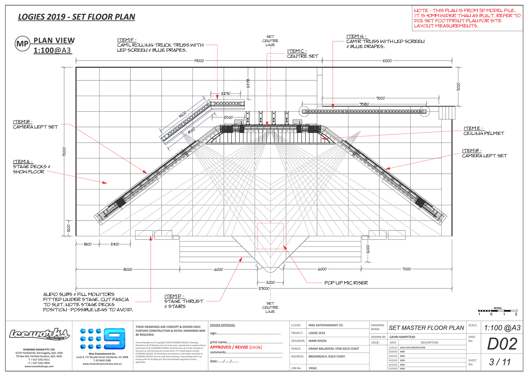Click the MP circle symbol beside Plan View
[23, 44]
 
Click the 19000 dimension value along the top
[199, 61]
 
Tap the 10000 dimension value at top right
[387, 61]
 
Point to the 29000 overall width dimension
[264, 288]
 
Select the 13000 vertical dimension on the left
[64, 151]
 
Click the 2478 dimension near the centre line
[248, 83]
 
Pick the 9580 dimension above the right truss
[364, 104]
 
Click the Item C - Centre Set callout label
[302, 53]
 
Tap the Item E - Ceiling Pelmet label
[483, 131]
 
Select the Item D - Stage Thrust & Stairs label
[184, 301]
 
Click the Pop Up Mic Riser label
[346, 283]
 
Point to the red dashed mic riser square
[270, 236]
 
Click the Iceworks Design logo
[39, 334]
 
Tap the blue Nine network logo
[103, 338]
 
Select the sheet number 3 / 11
[500, 362]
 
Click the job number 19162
[313, 368]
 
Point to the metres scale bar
[497, 311]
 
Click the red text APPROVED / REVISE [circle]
[236, 347]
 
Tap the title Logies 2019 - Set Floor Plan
[76, 17]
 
